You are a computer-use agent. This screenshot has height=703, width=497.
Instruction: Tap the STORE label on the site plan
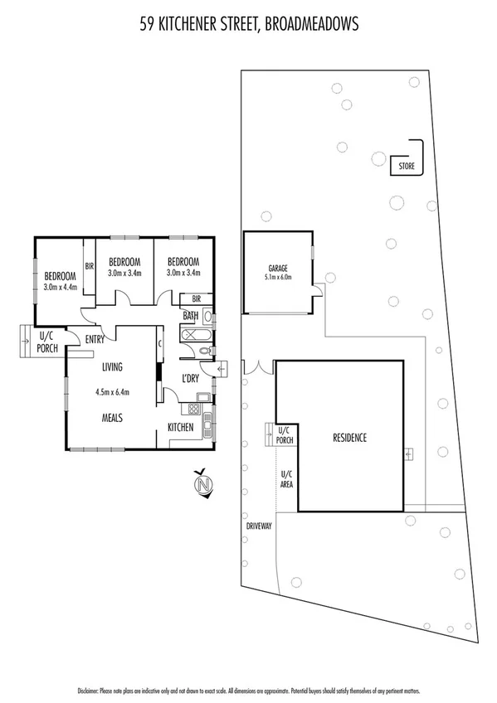click(406, 167)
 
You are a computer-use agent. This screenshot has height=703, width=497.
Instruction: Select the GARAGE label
click(277, 269)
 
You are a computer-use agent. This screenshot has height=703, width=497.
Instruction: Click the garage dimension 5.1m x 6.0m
click(277, 279)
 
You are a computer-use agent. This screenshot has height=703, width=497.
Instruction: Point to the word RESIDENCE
click(349, 438)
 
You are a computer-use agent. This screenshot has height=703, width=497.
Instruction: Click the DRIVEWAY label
click(258, 526)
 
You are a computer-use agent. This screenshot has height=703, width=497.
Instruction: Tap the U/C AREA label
click(285, 478)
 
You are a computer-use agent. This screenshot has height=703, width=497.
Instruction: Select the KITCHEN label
click(181, 428)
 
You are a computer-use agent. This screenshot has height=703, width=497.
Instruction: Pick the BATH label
click(191, 315)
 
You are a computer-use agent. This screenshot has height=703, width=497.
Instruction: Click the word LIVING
click(113, 366)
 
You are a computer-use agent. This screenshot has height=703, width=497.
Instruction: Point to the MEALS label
click(113, 419)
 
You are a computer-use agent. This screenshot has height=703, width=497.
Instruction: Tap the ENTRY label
click(94, 338)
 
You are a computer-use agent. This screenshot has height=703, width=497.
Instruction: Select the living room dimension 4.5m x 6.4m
click(114, 392)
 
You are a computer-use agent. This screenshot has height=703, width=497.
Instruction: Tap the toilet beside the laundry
click(205, 352)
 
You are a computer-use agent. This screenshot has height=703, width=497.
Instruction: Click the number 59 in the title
click(147, 26)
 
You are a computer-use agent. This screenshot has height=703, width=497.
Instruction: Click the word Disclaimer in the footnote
click(88, 690)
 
